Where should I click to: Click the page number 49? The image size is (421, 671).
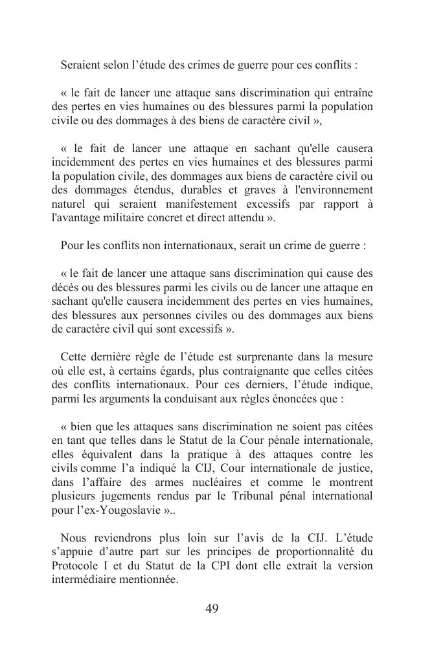(x=211, y=608)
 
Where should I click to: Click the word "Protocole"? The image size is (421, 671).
(x=77, y=566)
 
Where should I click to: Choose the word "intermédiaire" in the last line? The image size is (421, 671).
(x=84, y=580)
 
